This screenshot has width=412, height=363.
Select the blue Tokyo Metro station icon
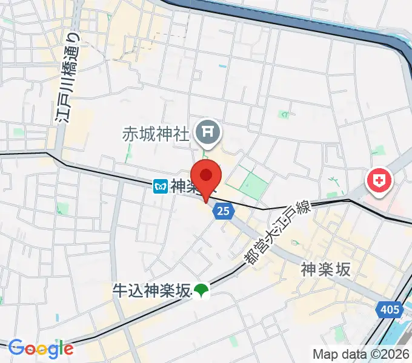click(x=160, y=187)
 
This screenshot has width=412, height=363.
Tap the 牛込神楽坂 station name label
click(x=151, y=291)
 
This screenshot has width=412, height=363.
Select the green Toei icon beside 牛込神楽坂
click(x=201, y=292)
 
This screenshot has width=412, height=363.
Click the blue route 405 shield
click(x=391, y=310)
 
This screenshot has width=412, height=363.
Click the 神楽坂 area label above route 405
click(x=326, y=270)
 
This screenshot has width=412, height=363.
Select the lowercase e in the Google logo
click(x=68, y=349)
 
